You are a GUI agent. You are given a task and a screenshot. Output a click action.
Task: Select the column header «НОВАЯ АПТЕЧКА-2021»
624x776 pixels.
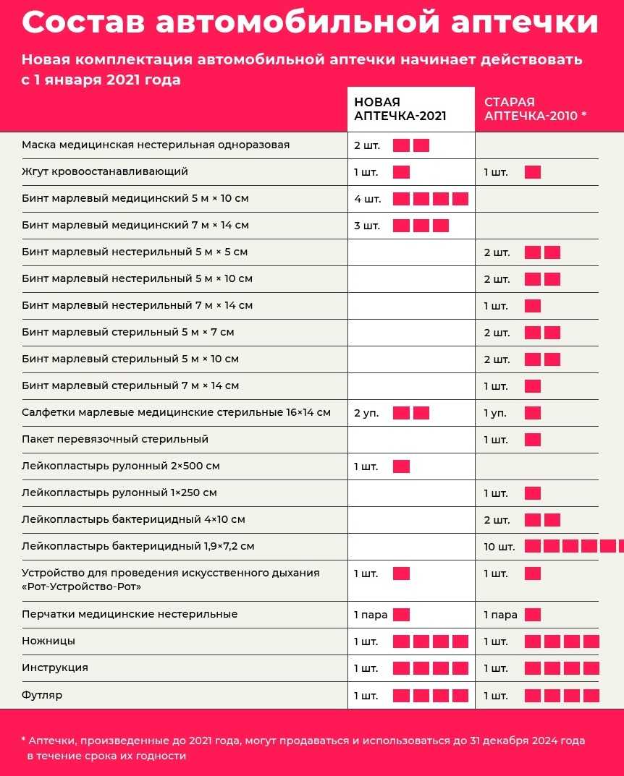(400, 109)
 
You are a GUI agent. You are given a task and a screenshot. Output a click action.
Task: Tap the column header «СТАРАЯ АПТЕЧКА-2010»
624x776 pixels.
(535, 109)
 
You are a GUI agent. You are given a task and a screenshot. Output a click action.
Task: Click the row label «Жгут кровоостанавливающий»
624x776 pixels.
(105, 171)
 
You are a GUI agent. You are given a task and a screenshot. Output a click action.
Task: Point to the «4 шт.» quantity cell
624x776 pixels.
(368, 199)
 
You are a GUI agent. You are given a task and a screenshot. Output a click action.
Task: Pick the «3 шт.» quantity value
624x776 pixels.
(367, 226)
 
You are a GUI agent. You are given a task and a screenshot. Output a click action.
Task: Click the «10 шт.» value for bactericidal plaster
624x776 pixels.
(499, 547)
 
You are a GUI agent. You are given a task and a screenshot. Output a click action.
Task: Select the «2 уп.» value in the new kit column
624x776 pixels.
(366, 413)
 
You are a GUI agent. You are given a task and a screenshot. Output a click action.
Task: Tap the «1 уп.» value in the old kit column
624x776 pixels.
(495, 413)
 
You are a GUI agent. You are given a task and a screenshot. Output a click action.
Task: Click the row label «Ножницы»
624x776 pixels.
(49, 641)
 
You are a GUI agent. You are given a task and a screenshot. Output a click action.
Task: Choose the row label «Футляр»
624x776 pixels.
(42, 695)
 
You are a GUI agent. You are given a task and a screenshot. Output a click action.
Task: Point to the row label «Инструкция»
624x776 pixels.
(55, 668)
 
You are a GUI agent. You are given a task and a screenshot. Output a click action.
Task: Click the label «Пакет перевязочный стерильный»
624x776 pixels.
(115, 439)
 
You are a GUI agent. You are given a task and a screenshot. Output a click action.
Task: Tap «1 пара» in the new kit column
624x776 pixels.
(371, 615)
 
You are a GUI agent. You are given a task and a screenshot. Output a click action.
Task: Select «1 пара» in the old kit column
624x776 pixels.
(500, 615)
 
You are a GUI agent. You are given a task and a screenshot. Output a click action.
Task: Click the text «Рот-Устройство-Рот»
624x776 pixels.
(82, 587)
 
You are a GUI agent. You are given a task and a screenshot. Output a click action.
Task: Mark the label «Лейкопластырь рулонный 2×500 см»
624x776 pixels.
(121, 466)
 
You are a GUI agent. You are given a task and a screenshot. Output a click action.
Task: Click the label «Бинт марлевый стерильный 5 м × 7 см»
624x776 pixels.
(128, 332)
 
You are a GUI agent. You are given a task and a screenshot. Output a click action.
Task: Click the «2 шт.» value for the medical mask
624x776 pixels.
(367, 145)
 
